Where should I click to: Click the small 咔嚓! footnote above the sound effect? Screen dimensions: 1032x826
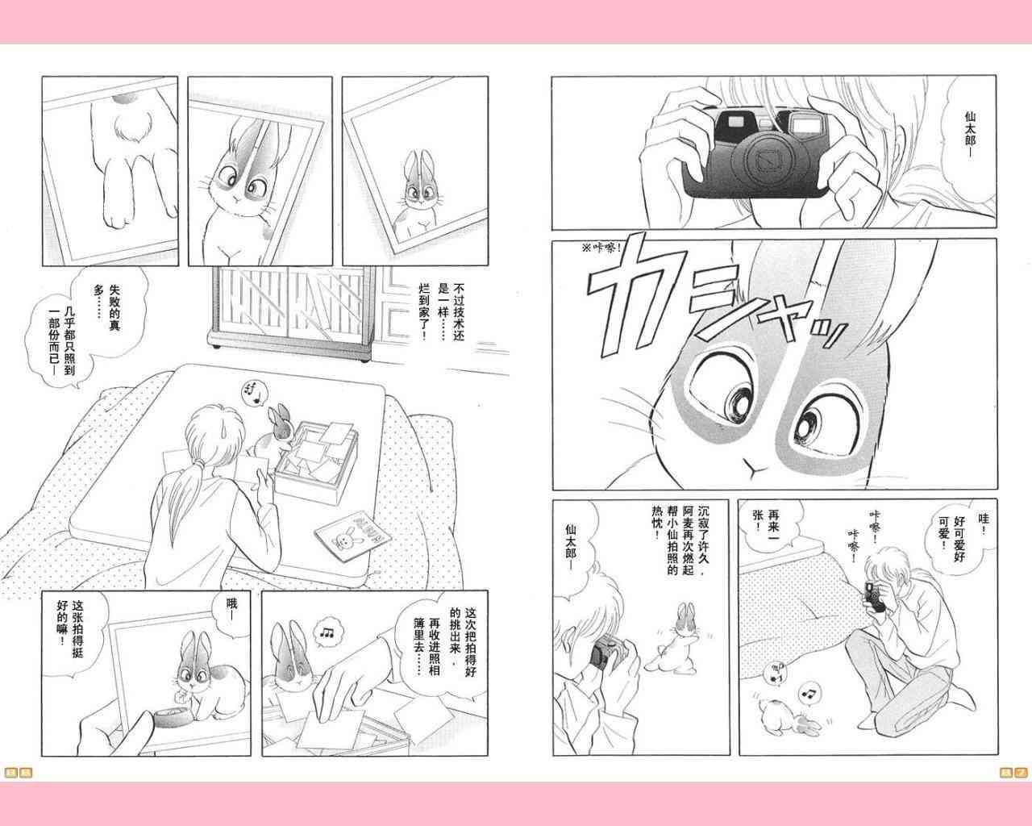(x=601, y=248)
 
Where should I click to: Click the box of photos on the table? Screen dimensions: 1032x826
(x=317, y=461)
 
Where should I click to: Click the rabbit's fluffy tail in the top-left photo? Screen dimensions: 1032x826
(x=132, y=126)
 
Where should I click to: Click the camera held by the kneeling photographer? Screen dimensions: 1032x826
(x=874, y=597)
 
